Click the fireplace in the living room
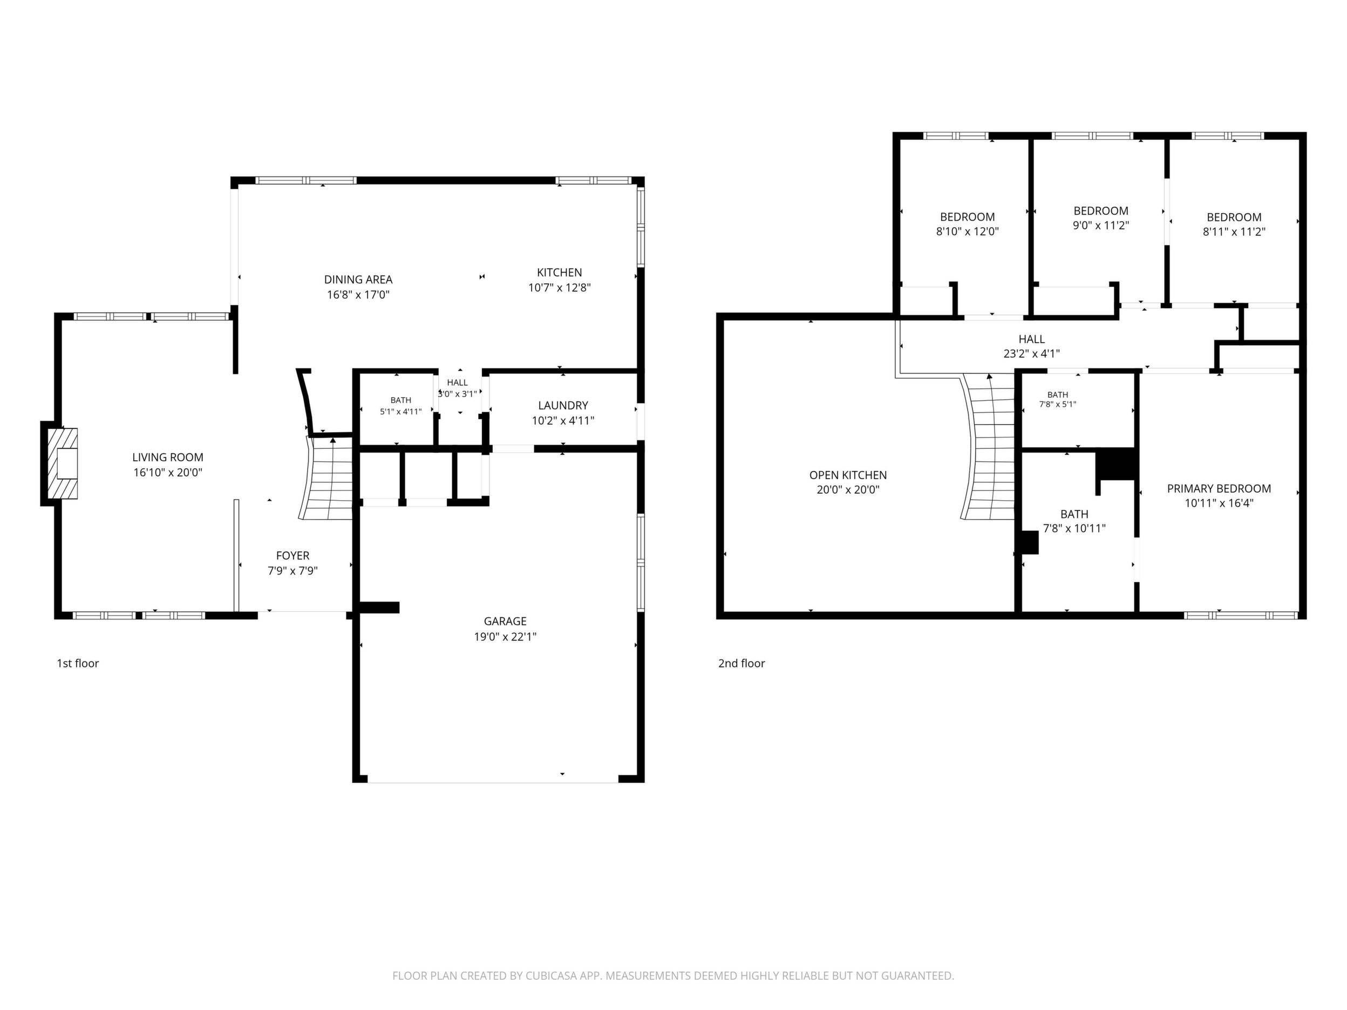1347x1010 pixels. pos(63,463)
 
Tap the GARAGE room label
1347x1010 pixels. pos(505,621)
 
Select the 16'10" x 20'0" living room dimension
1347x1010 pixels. pos(168,472)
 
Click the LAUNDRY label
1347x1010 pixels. pos(563,406)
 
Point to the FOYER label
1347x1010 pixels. pos(293,555)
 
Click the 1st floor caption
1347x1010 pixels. pos(78,663)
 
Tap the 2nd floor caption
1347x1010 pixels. pos(741,663)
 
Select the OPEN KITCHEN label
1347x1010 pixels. pos(848,475)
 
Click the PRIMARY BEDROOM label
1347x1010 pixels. pos(1219,488)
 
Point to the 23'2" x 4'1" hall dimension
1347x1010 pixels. pos(1031,353)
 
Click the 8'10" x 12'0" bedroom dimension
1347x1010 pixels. pos(967,231)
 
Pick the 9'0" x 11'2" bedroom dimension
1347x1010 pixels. pos(1100,226)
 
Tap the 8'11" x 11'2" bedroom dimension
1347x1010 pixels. pos(1234,231)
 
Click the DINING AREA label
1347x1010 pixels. pos(358,279)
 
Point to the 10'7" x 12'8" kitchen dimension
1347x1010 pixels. pos(560,288)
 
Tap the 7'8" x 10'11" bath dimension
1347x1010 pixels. pos(1074,528)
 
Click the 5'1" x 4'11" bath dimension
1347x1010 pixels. pos(400,412)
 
